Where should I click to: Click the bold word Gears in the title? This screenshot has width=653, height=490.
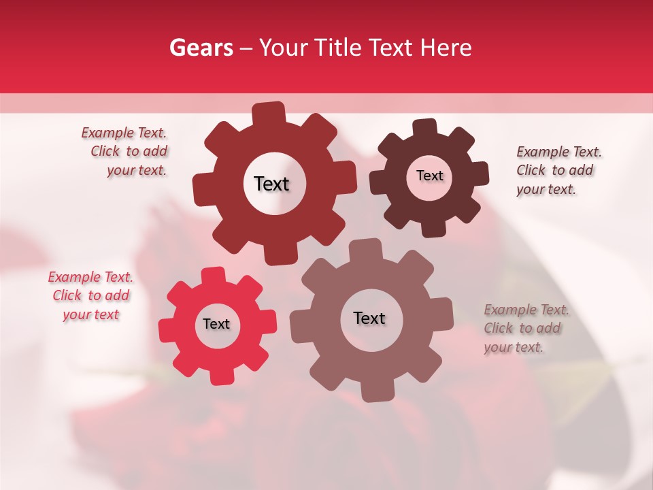pos(201,48)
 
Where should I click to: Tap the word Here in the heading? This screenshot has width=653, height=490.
pos(446,48)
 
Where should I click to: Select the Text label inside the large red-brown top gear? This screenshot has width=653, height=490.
pos(272,184)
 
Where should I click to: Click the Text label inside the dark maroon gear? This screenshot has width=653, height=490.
pos(429,176)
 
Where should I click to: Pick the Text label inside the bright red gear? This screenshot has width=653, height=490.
pos(216,325)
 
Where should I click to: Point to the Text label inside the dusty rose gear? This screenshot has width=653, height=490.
pos(369,318)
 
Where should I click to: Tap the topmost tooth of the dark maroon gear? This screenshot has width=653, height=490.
pos(425,127)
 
